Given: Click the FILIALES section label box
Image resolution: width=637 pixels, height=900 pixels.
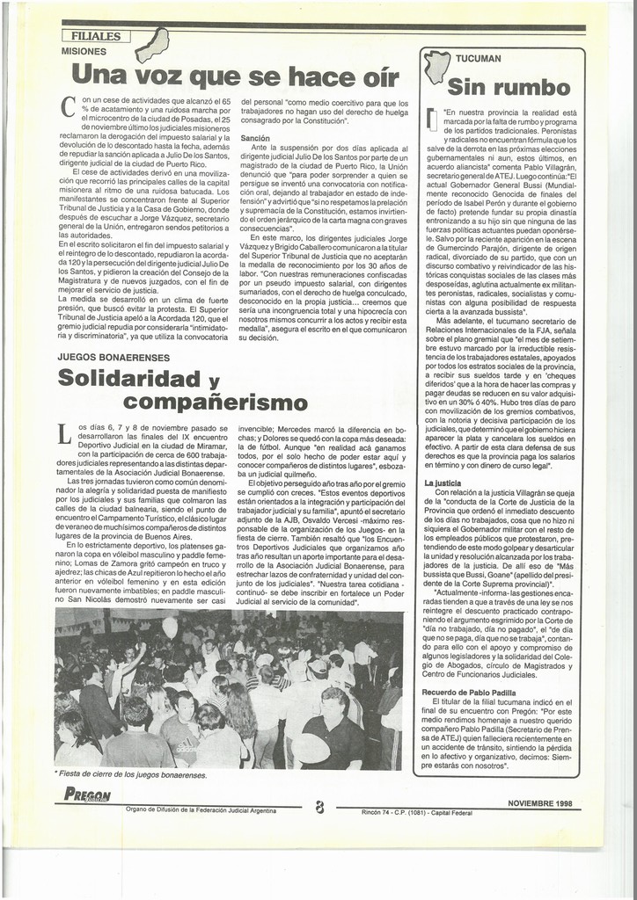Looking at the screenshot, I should pos(97,36).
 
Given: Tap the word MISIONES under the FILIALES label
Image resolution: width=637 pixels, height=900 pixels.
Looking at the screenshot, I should pos(84,52).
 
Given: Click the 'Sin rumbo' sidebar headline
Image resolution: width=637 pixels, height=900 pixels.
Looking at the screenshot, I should pos(509,87).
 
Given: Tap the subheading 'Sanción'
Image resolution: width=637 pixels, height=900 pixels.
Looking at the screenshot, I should pos(254,139).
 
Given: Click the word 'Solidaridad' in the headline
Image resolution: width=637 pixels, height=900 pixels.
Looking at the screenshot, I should pos(130,379).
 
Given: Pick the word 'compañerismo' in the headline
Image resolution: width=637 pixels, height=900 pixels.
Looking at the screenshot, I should pos(216,403).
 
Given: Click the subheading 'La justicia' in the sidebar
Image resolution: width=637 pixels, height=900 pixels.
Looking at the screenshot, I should pos(443,483).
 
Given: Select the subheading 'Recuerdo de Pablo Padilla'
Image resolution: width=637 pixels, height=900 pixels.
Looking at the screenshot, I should pos(470,693).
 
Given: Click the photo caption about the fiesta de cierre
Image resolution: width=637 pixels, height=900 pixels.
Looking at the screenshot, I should pos(131,775).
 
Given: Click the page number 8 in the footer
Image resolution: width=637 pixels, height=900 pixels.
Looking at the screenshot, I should pos(319,806).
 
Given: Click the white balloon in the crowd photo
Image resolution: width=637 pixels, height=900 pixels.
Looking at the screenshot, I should pos(169,628).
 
